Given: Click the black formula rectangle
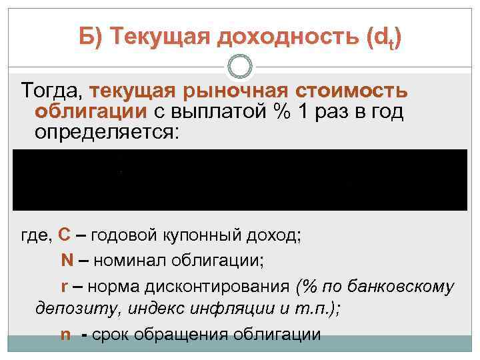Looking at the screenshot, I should [x=240, y=179].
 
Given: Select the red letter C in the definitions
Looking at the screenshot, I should [x=65, y=235].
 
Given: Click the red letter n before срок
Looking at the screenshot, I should [x=65, y=334].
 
